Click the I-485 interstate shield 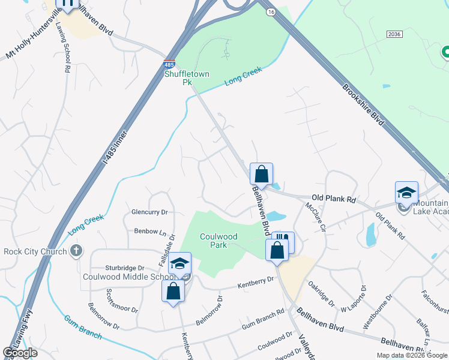click(x=170, y=63)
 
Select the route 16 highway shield click(x=271, y=11)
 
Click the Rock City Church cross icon click(x=76, y=251)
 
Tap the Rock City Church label click(x=35, y=251)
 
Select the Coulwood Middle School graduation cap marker click(x=179, y=263)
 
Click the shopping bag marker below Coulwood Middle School click(x=173, y=291)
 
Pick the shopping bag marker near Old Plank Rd click(x=261, y=174)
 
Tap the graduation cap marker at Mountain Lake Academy click(x=406, y=193)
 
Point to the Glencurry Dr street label click(x=149, y=212)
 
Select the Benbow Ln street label click(x=150, y=231)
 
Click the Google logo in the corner click(x=20, y=353)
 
